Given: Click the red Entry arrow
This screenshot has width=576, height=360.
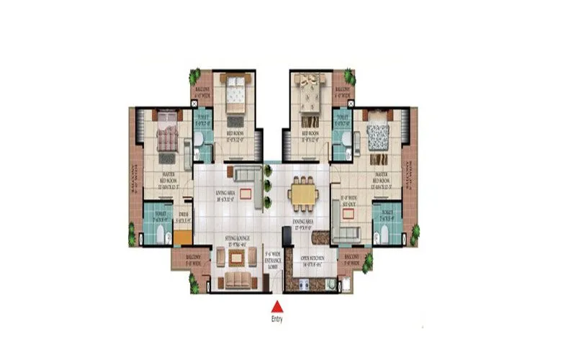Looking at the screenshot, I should click(277, 306).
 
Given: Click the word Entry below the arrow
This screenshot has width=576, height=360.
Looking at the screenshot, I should click(277, 319).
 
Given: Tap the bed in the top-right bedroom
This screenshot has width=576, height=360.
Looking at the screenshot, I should click(311, 97).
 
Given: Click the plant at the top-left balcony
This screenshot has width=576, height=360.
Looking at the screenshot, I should click(194, 75).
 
